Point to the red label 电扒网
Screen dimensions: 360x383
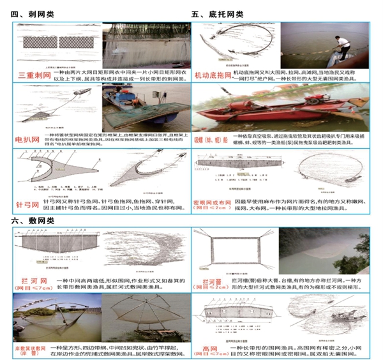(x=28, y=137)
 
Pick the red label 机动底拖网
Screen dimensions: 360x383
(x=217, y=77)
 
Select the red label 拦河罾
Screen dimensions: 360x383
(x=212, y=281)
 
